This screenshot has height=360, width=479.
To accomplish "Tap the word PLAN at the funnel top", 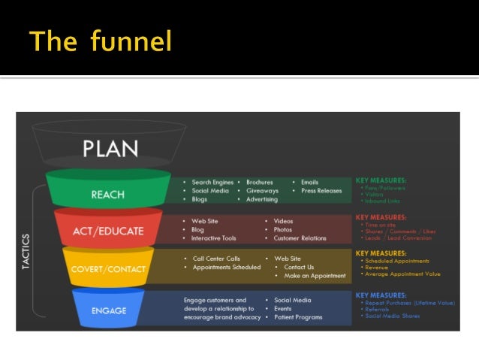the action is click(x=110, y=148).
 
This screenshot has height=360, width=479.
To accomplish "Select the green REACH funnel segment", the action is click(x=107, y=195).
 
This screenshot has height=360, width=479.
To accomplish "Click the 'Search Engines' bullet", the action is click(x=212, y=182).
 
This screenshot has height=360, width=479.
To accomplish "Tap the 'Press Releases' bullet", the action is click(x=321, y=191).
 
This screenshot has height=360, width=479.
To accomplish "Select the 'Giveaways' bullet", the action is click(x=262, y=191).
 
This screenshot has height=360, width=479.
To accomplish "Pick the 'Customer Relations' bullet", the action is click(x=300, y=238).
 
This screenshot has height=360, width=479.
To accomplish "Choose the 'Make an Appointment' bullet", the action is click(x=315, y=276).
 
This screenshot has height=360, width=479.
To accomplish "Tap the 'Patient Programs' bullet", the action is click(x=298, y=317).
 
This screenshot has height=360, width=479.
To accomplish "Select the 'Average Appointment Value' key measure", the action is click(x=402, y=274).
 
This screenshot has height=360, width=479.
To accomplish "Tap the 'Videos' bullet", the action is click(x=283, y=221).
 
